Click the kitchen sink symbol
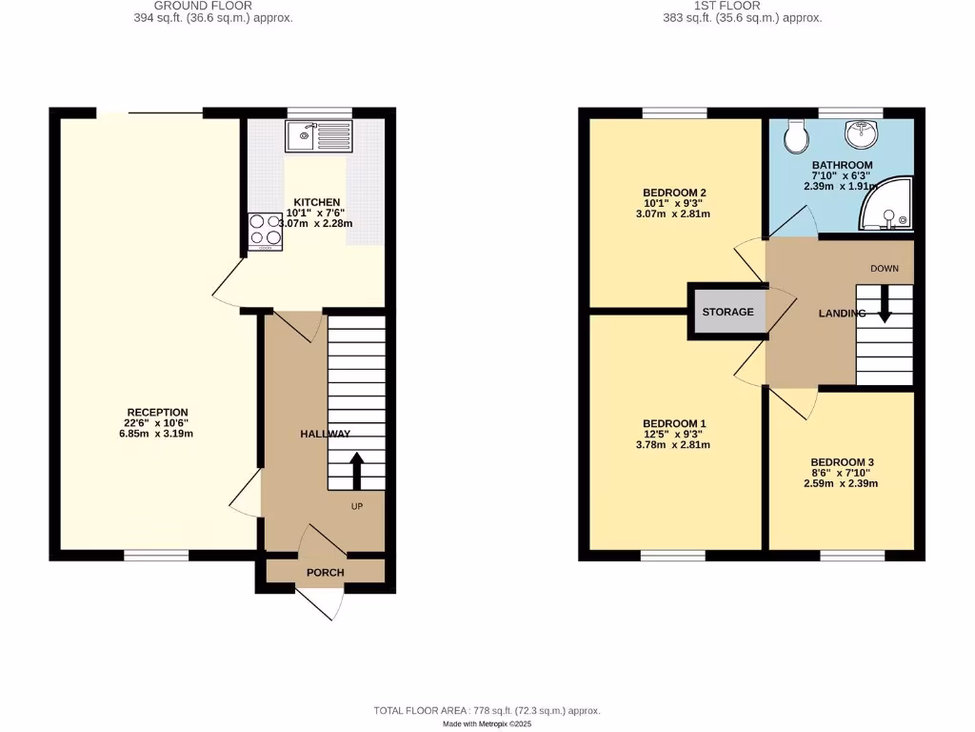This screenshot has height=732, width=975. click(x=319, y=137)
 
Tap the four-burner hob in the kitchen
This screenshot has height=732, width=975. click(x=266, y=231)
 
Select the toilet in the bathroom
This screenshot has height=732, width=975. click(x=795, y=139)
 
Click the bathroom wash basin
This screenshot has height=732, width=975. click(x=865, y=134)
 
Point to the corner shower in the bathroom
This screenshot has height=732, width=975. click(x=886, y=205)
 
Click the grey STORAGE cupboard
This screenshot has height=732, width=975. click(x=728, y=312)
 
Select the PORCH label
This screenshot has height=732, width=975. click(x=326, y=572)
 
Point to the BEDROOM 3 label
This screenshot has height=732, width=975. click(x=838, y=462)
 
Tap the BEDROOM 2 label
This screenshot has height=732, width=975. click(x=674, y=193)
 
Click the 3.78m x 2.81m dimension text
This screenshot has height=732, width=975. click(x=674, y=445)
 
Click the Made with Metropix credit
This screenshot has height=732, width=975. click(x=487, y=724)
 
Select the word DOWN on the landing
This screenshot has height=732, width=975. click(x=885, y=269)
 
